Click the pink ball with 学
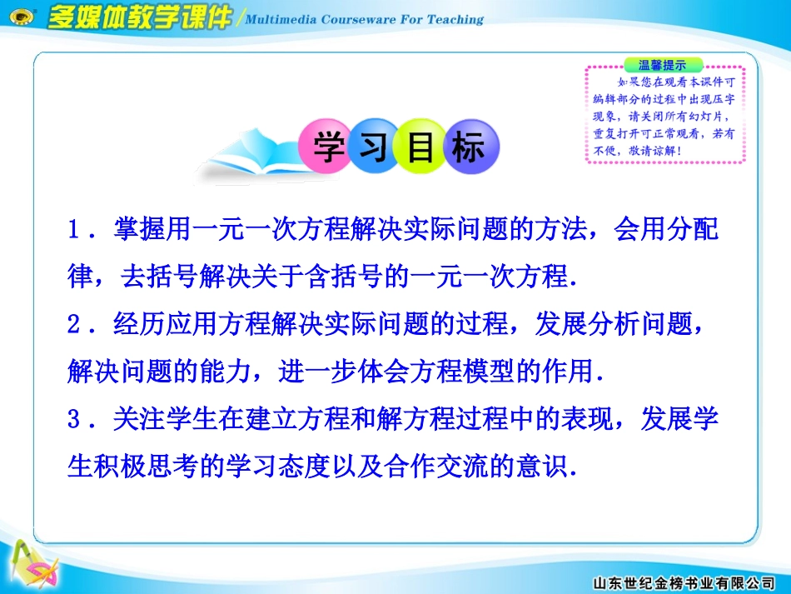coord(326,147)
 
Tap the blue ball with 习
coord(373,147)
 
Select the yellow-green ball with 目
coord(420,147)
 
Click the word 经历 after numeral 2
coord(137,325)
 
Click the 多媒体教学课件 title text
coord(139,18)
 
